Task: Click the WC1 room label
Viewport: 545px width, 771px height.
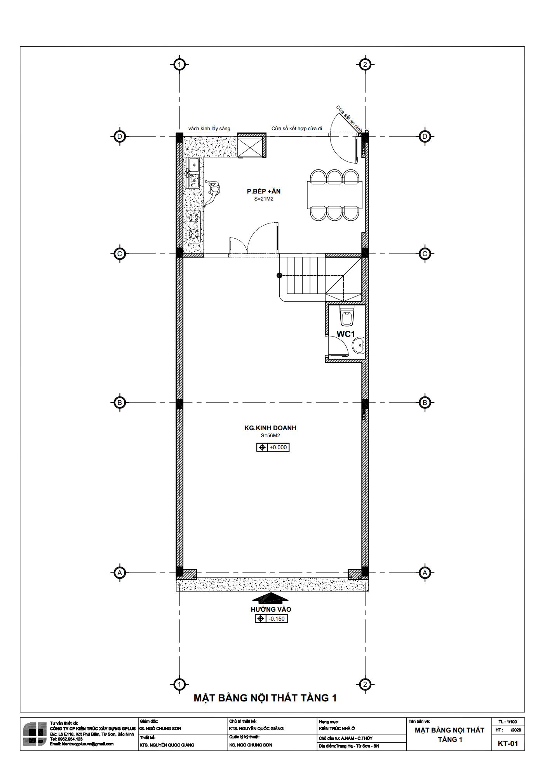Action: tap(346, 334)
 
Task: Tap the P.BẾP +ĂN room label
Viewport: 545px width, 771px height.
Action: tap(264, 191)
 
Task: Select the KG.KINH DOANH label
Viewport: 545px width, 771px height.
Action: tap(270, 428)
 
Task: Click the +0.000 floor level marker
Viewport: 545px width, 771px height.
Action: tap(273, 447)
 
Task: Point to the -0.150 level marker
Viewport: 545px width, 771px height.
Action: tap(272, 619)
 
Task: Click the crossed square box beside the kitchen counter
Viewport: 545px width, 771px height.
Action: tap(252, 145)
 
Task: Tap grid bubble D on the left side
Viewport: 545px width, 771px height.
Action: tap(120, 136)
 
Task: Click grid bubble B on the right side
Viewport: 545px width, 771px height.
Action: tap(425, 402)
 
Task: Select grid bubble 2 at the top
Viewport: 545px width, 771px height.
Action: tap(364, 65)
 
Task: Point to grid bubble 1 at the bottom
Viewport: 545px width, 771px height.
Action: tap(179, 684)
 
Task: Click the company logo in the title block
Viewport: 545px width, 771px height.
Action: tap(35, 734)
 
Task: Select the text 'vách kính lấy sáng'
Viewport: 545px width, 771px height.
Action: tap(209, 129)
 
